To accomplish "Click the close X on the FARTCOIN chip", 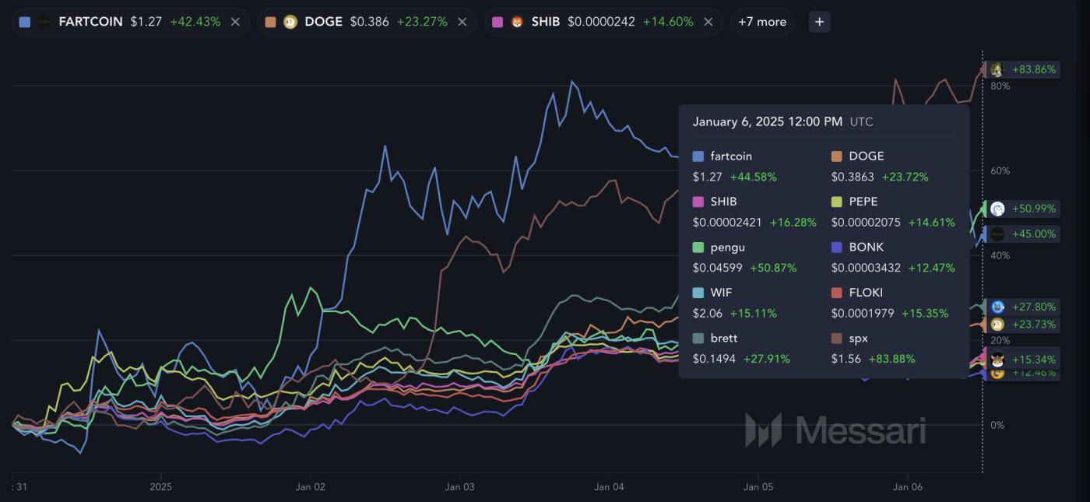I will pos(235,22).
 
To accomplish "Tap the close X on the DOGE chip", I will pos(462,22).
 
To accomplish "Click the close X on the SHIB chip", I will pos(708,22).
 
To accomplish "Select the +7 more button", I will pos(761,22).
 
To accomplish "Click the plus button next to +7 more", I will pos(819,22).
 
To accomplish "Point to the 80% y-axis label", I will pos(1000,86).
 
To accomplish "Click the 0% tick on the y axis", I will pos(997,425).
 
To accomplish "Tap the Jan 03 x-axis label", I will pos(459,487).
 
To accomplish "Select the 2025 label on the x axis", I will pos(160,487).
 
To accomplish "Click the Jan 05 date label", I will pos(758,487).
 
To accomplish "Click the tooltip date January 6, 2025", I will pos(767,121).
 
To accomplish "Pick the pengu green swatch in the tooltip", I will pos(698,247).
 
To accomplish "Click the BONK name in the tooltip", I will pos(867,247).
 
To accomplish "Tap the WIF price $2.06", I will pos(707,313).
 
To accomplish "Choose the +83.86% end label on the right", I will pos(1034,69).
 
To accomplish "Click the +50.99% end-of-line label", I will pos(1034,209).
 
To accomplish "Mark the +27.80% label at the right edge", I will pos(1034,307).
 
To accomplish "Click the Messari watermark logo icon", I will pos(762,430).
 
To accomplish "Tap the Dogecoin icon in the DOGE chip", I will pos(290,22).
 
